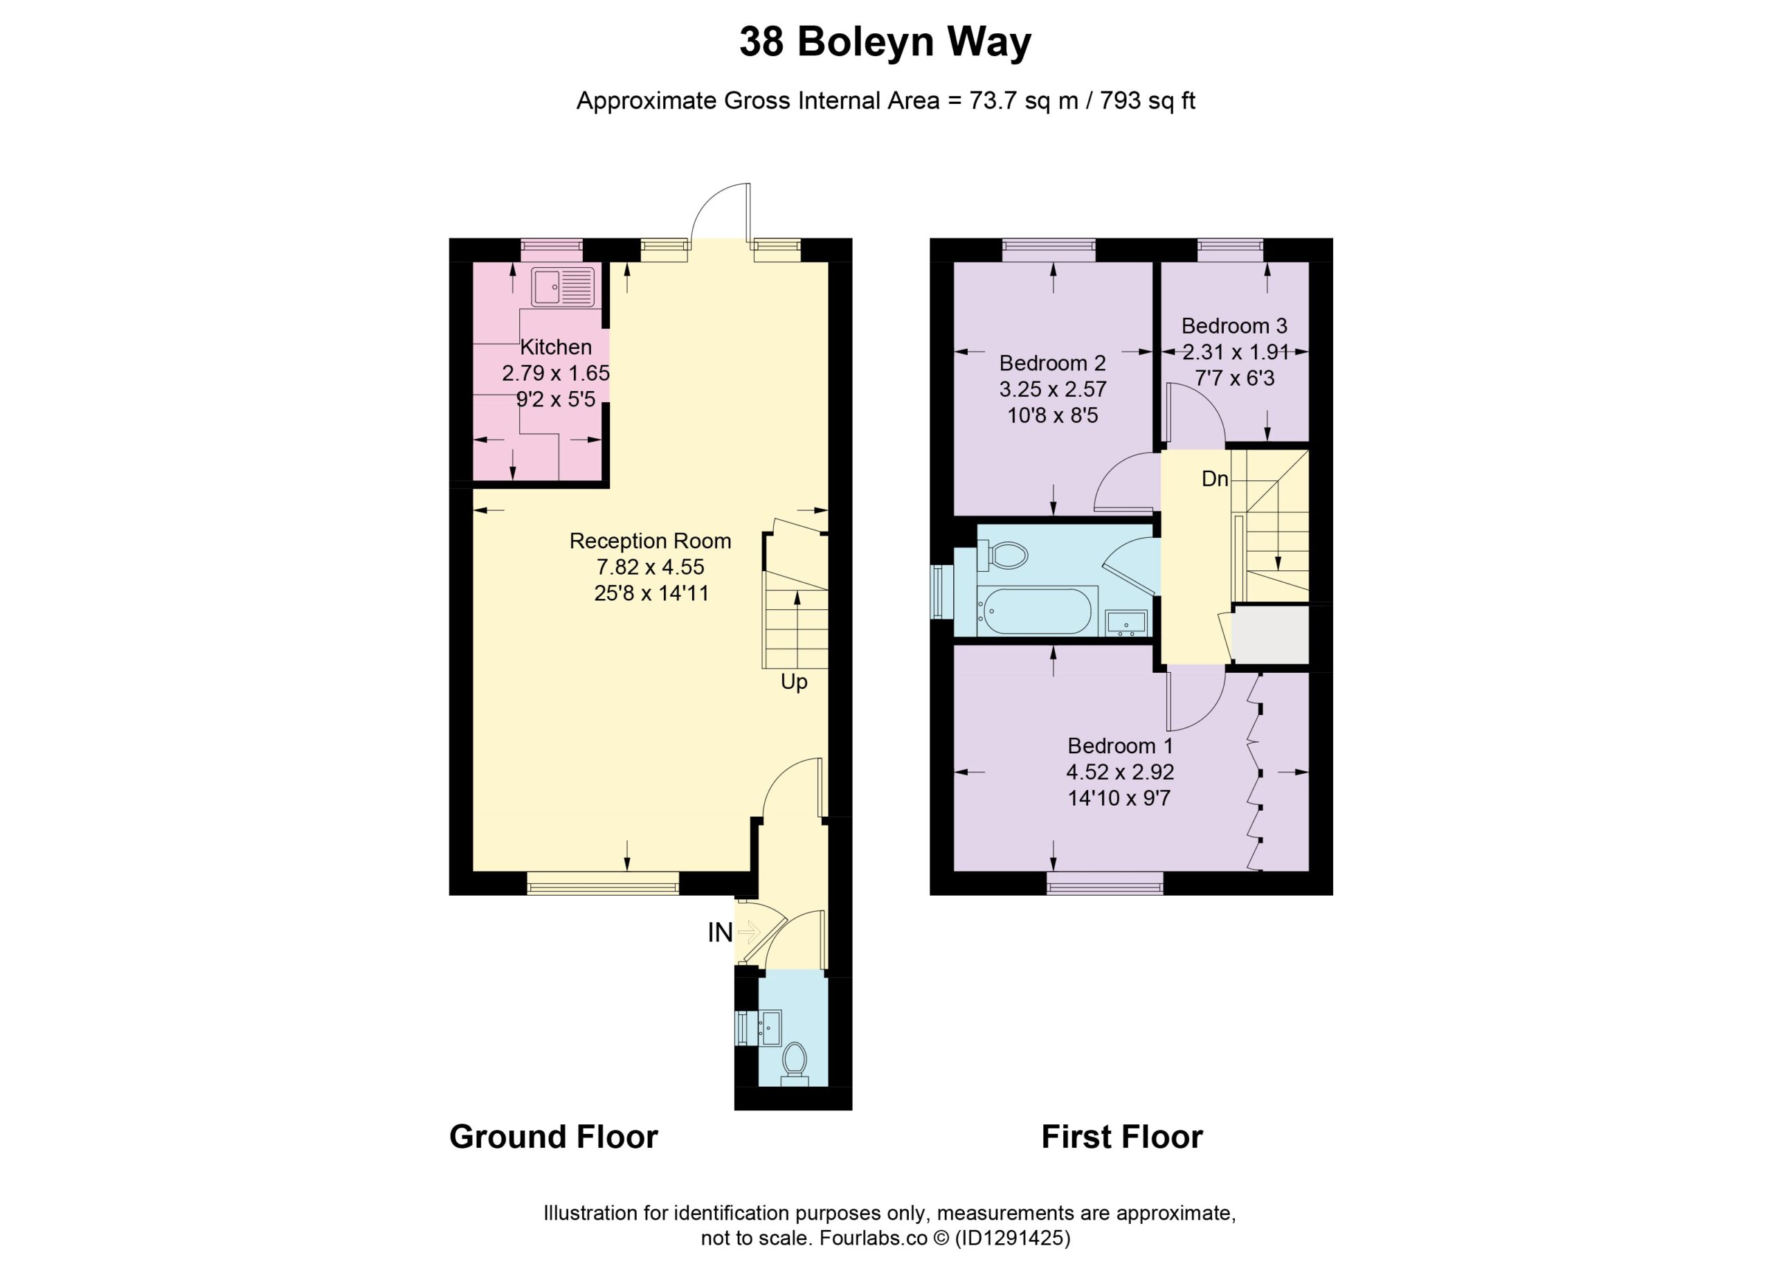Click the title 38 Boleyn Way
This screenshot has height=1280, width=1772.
[885, 42]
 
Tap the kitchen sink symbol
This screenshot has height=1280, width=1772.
[563, 287]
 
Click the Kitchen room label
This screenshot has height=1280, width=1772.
[556, 347]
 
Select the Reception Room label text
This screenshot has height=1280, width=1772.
[650, 541]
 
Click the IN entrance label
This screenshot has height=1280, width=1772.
[720, 932]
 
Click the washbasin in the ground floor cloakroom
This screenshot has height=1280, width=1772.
[770, 1027]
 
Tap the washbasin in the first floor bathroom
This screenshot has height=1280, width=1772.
[1126, 623]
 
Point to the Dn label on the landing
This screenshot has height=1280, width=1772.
[1215, 479]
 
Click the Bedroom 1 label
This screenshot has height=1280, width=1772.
[1119, 746]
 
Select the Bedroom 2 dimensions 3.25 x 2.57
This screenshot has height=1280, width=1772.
[1052, 389]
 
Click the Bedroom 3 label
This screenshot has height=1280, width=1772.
[1233, 326]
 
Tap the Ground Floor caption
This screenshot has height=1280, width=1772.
[553, 1137]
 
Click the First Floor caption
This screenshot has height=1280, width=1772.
[1122, 1137]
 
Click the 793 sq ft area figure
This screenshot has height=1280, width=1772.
[1148, 102]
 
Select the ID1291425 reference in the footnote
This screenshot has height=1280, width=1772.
[1013, 1238]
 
